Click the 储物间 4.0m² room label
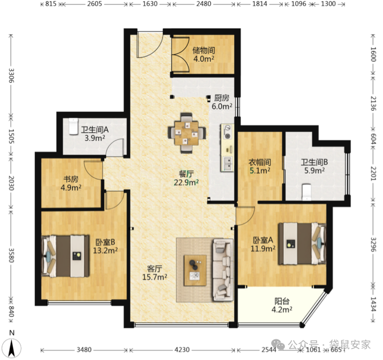[203, 54]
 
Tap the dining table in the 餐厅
[187, 133]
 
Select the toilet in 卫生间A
[73, 126]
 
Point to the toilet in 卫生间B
[307, 192]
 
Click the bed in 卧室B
[65, 256]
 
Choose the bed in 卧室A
[302, 243]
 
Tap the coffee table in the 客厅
[195, 270]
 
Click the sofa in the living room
[223, 270]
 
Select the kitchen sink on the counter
[227, 164]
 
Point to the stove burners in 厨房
[227, 132]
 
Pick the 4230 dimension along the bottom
[182, 350]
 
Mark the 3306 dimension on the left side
[11, 76]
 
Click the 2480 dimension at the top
[204, 4]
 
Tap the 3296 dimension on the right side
[374, 245]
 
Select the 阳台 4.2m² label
[282, 305]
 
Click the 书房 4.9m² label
[71, 183]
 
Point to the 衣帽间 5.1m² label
[259, 166]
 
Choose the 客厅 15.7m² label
[155, 273]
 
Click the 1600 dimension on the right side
[374, 54]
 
